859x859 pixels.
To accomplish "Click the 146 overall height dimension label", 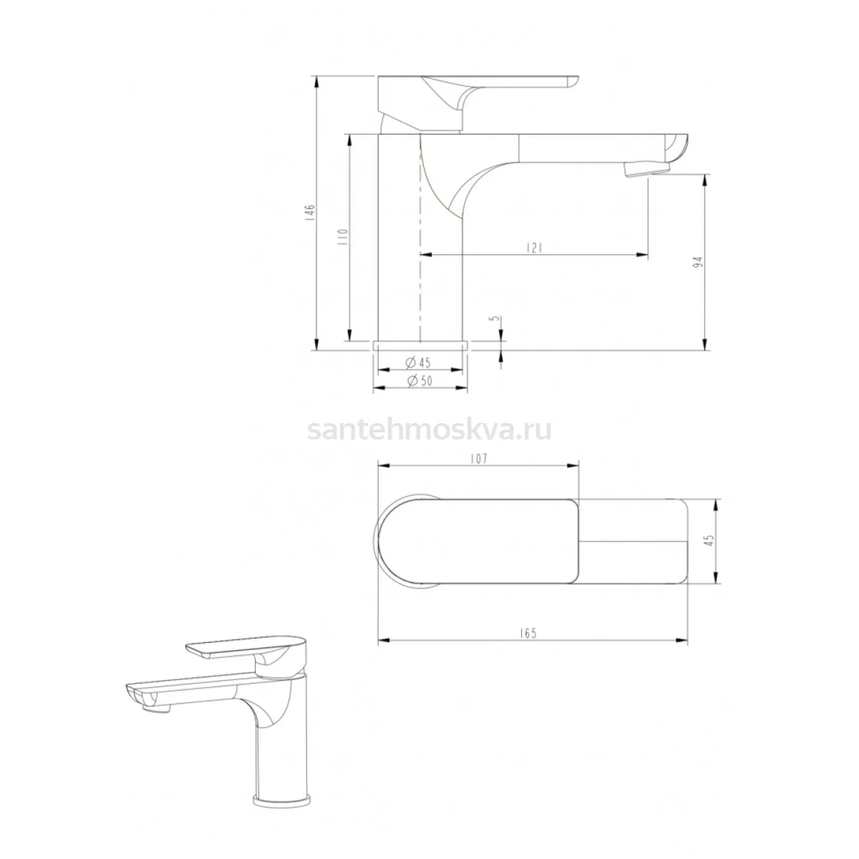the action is tap(311, 213).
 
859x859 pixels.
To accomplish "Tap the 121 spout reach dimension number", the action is tap(533, 248).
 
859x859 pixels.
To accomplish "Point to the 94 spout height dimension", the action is tap(699, 261).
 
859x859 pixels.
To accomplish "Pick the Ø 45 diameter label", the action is tap(418, 363).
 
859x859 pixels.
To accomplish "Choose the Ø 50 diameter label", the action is tap(419, 381).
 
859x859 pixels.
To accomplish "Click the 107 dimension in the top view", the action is tap(479, 459).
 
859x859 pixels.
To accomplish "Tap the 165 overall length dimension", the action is tap(528, 634).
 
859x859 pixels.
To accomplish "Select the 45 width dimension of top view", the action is tap(710, 540).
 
